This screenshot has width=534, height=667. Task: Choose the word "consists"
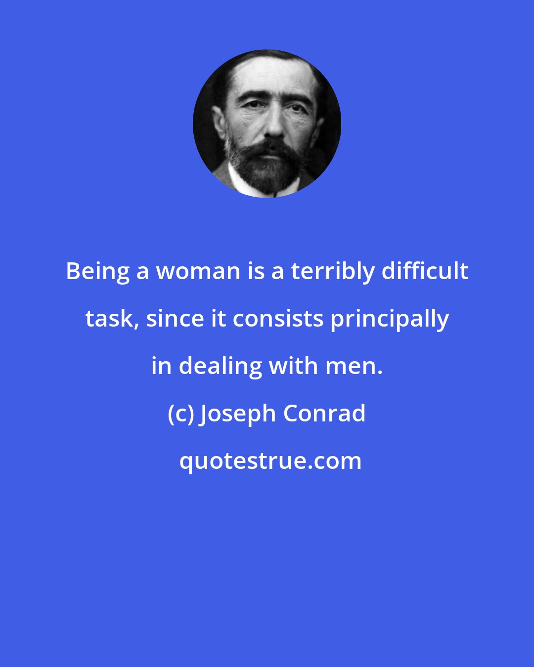(x=278, y=319)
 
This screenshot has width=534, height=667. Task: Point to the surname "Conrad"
(x=324, y=414)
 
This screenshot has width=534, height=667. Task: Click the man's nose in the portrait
(x=274, y=125)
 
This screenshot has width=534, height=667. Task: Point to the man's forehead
(x=270, y=78)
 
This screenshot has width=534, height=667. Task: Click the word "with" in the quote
(x=293, y=366)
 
